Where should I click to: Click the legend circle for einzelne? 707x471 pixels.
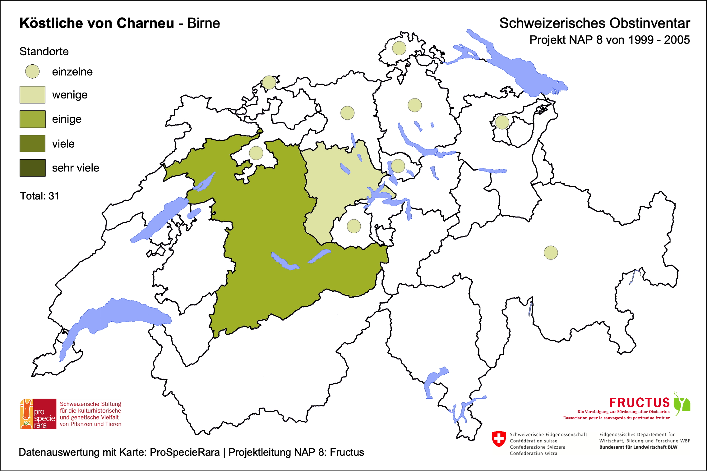[x=32, y=71]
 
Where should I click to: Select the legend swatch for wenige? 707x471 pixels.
[x=32, y=95]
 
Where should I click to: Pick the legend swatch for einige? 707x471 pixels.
[x=32, y=119]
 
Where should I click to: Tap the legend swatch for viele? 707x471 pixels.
[x=32, y=144]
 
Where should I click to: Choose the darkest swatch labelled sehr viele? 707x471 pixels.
[x=32, y=168]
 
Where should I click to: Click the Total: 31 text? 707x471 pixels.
[x=39, y=196]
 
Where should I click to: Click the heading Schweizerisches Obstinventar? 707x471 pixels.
[x=594, y=23]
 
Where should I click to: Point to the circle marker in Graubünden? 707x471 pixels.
[x=551, y=253]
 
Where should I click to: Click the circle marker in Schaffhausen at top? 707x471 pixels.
[x=399, y=48]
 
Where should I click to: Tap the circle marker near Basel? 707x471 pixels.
[x=269, y=82]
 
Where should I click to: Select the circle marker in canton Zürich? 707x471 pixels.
[x=414, y=105]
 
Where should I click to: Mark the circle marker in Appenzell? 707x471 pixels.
[x=502, y=122]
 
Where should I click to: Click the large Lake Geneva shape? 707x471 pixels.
[x=124, y=314]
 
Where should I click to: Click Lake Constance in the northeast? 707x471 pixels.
[x=522, y=71]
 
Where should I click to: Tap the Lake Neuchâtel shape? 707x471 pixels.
[x=159, y=221]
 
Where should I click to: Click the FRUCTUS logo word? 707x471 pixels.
[x=639, y=403]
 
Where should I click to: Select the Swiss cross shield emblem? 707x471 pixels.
[x=499, y=439]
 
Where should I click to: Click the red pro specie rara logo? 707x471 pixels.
[x=38, y=414]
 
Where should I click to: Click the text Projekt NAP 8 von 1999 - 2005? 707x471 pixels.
[x=609, y=40]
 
